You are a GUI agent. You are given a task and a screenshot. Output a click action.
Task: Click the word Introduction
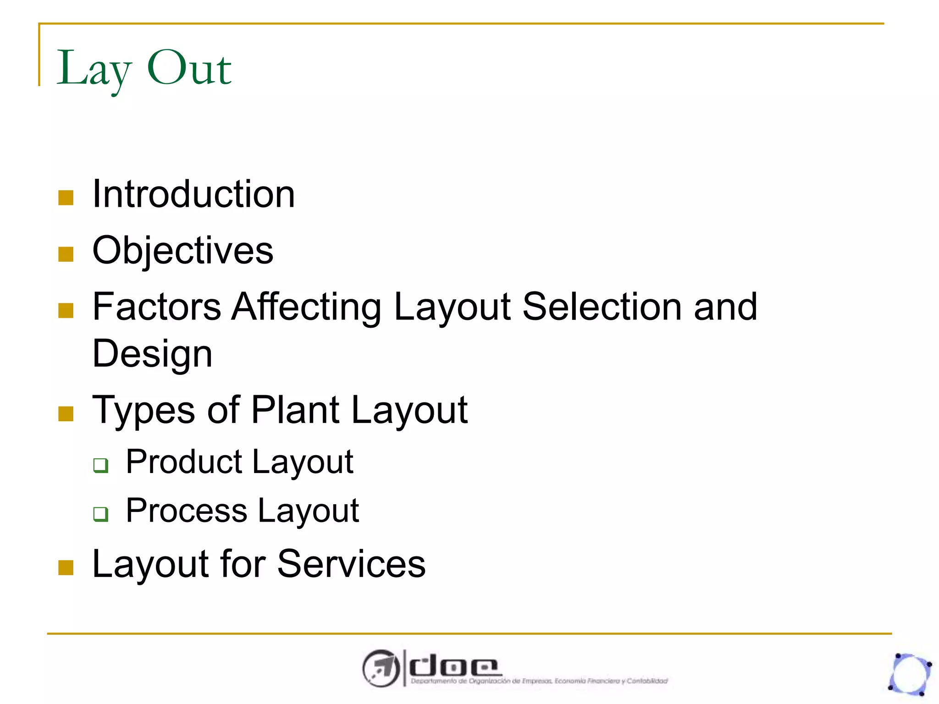pos(193,194)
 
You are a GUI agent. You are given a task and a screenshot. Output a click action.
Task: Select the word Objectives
pos(182,251)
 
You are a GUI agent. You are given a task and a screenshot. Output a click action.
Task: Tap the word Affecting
pos(306,307)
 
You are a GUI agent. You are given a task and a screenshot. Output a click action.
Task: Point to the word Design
pos(152,354)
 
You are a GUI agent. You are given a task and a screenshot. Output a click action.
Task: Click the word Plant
pos(295,410)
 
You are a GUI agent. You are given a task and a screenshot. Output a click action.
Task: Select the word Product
pos(183,462)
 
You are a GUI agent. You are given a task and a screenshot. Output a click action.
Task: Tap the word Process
pos(186,511)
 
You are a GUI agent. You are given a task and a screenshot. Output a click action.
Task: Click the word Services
pos(351,564)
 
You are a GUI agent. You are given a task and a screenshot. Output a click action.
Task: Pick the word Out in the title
pos(189,69)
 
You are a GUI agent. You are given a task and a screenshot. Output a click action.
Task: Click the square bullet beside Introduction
pos(66,198)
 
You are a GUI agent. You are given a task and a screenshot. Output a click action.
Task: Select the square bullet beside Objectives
pos(66,254)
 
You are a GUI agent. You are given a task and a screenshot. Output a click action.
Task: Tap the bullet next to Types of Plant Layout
pos(66,413)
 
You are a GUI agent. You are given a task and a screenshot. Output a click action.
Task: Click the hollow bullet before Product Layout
pos(100,465)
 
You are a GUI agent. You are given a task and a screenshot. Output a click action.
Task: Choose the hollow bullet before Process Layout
pos(100,514)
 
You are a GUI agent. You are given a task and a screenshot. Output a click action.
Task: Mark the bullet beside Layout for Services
pos(66,567)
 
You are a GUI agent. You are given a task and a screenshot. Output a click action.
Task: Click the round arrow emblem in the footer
pos(381,668)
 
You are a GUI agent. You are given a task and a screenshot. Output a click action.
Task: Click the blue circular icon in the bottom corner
pos(910,674)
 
